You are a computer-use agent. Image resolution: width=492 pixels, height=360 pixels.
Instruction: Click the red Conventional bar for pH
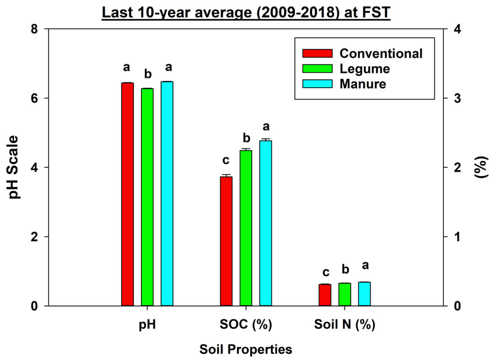[128, 194]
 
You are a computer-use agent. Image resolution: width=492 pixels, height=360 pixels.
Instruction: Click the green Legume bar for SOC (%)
[246, 228]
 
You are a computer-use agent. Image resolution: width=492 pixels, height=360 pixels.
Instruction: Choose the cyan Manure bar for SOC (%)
[265, 223]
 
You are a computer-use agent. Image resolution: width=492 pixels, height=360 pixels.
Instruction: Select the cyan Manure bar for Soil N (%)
[364, 294]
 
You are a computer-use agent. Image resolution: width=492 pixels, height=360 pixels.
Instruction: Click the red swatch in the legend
[317, 53]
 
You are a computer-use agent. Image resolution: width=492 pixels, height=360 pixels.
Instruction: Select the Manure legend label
[363, 84]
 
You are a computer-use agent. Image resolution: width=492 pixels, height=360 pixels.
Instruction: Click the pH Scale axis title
[15, 167]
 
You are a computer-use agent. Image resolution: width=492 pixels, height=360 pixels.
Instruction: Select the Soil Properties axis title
[246, 349]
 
